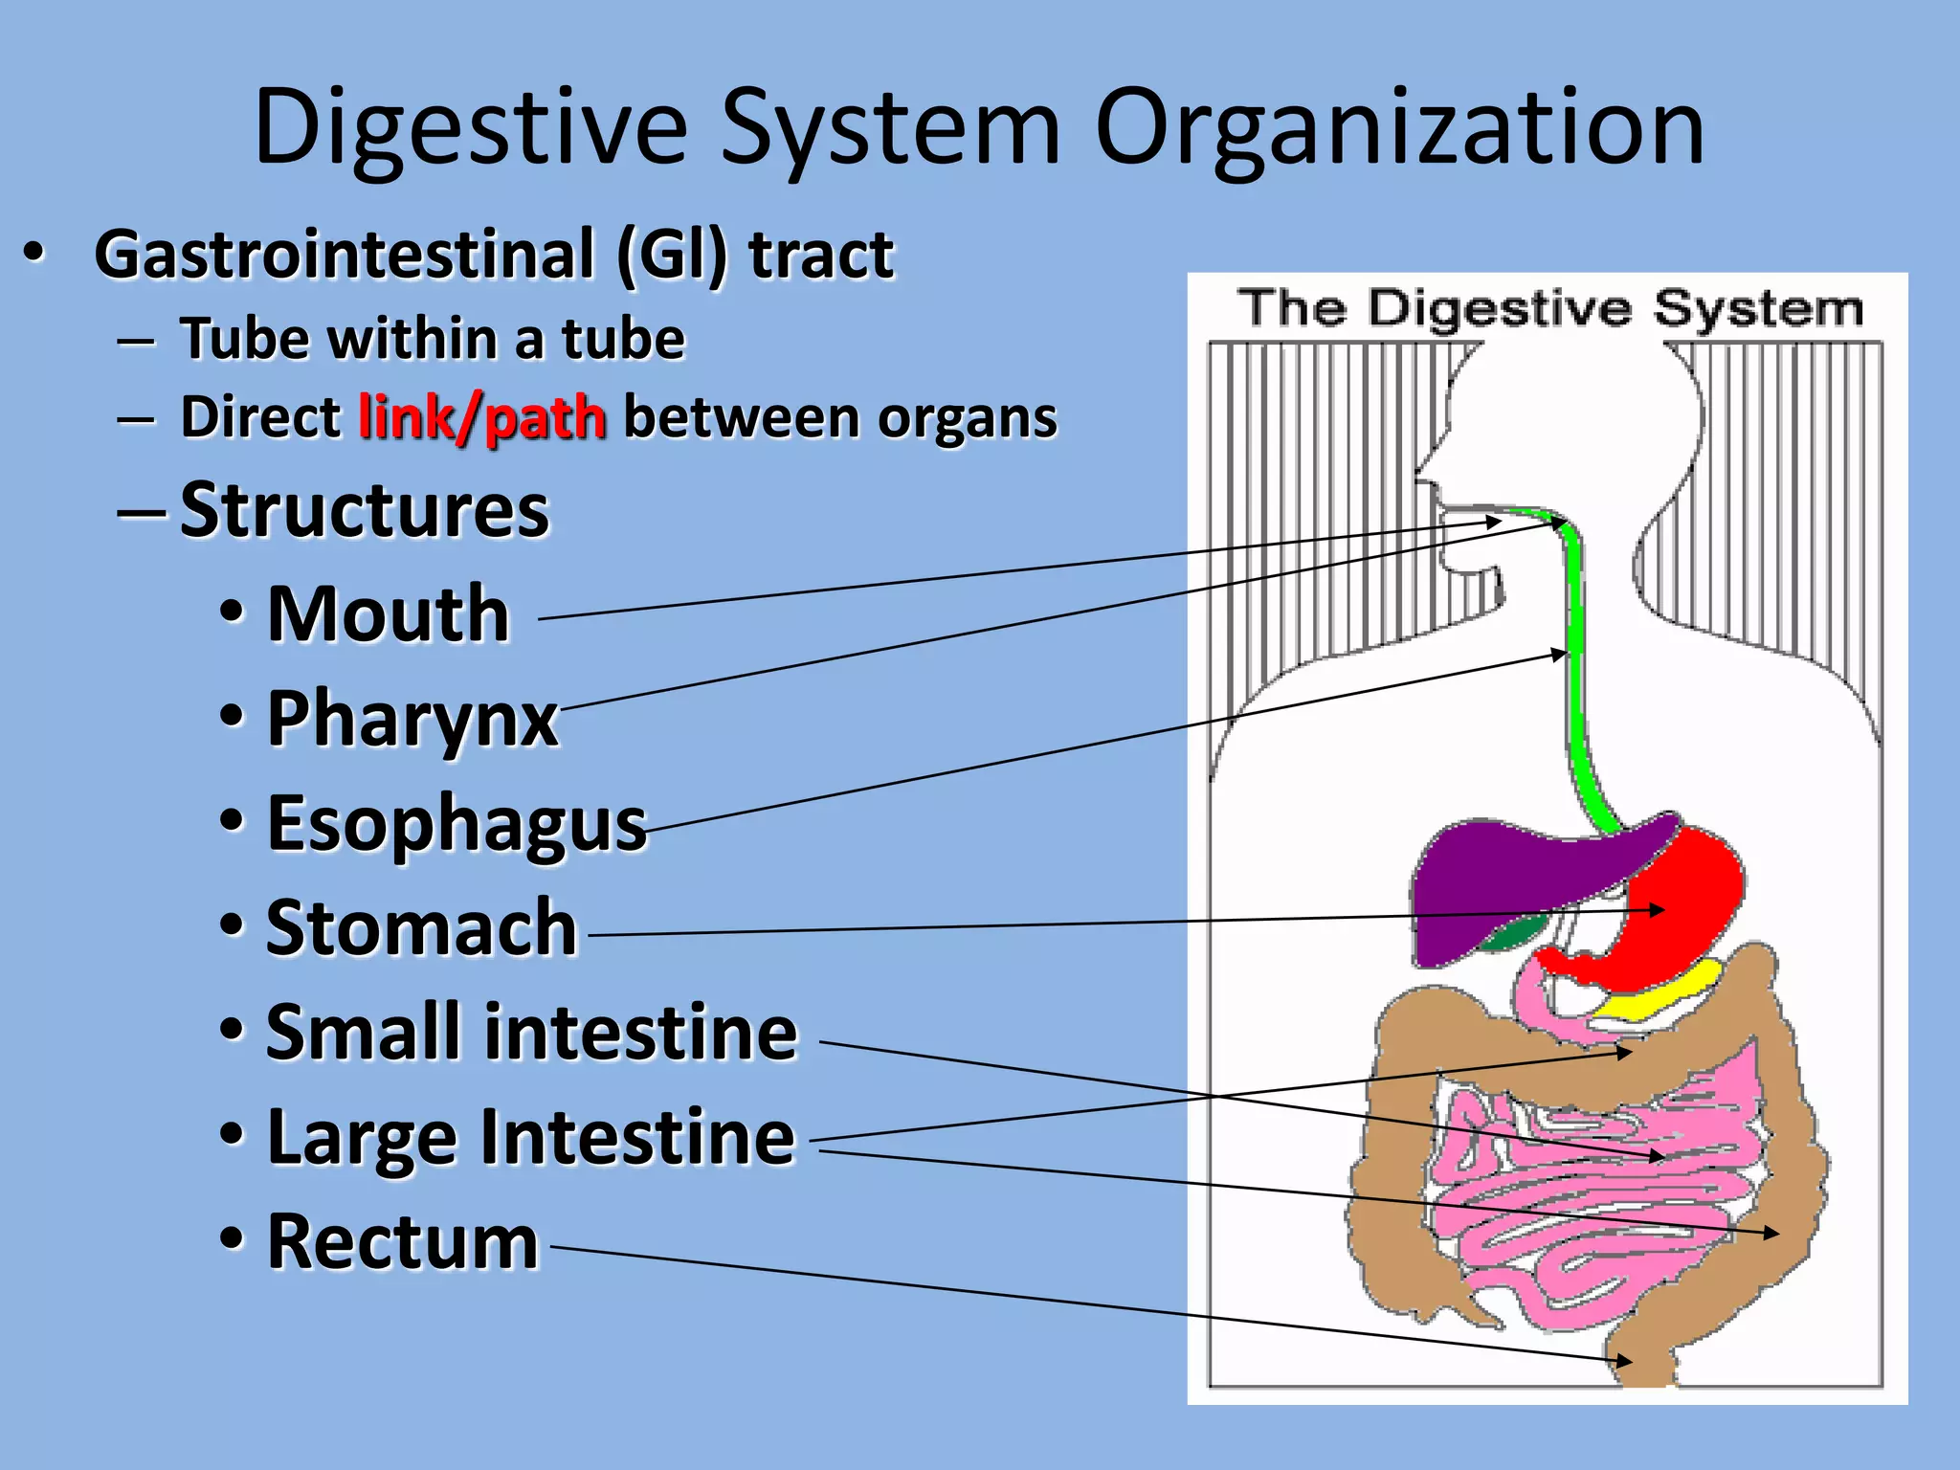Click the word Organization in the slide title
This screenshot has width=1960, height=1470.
click(1399, 127)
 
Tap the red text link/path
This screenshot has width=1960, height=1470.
click(482, 418)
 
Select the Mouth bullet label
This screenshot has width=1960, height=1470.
click(388, 614)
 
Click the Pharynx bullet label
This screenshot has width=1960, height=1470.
click(412, 719)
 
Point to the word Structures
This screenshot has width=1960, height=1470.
click(365, 510)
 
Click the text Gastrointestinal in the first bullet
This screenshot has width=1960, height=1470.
click(345, 255)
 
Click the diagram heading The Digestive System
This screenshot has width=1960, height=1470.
click(1549, 309)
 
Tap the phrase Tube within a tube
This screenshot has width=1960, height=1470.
click(433, 339)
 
